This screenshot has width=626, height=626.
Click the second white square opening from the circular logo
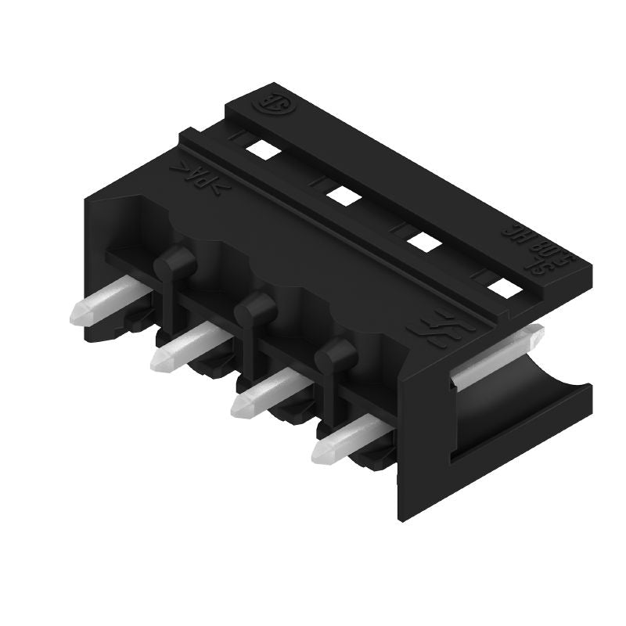pos(340,194)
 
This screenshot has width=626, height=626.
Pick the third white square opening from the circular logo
pos(423,243)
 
